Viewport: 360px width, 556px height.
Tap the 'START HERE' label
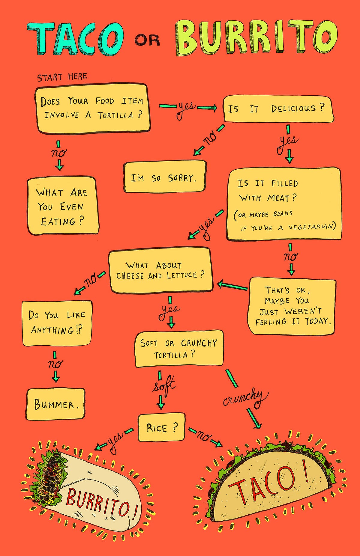click(x=62, y=77)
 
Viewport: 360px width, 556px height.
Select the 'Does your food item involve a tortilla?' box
click(x=92, y=108)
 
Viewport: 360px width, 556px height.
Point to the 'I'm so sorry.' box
click(x=165, y=177)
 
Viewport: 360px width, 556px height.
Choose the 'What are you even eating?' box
click(x=62, y=206)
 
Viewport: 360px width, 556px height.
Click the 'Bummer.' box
click(x=55, y=404)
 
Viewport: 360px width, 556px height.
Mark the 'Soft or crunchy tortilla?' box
click(x=179, y=348)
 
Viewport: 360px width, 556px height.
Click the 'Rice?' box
click(x=162, y=427)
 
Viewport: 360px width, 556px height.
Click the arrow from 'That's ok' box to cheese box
click(x=232, y=286)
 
